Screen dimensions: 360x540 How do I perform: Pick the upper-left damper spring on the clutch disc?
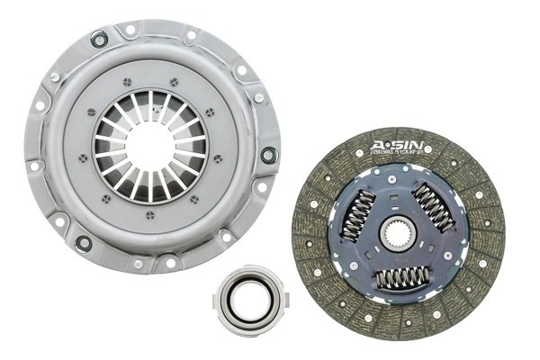point(357,216)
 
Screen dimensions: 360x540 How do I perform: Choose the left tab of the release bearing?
point(217,292)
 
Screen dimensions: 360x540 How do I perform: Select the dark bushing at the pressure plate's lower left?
point(84,242)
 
